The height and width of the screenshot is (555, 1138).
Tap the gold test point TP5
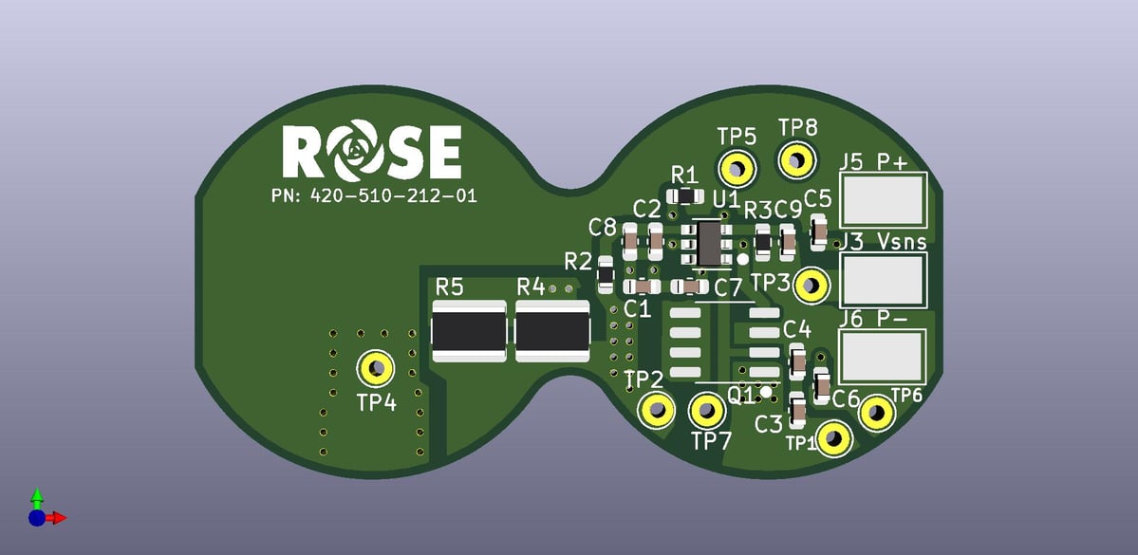tap(737, 169)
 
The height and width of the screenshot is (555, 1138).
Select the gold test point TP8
tap(797, 160)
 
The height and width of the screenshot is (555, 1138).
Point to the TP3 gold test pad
tap(811, 285)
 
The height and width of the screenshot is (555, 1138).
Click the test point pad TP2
tap(656, 411)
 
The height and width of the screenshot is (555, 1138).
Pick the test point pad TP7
tap(706, 412)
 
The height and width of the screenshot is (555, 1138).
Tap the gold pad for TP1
tap(833, 438)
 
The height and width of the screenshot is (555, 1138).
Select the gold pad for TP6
tap(877, 413)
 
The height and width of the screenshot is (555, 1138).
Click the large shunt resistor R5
tap(469, 331)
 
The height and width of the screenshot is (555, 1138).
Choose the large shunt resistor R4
tap(552, 331)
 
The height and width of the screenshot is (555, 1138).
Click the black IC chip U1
tap(709, 244)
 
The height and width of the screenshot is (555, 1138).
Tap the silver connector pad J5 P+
tap(884, 198)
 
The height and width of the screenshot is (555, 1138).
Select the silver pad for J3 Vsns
tap(884, 278)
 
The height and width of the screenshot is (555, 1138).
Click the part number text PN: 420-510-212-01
tap(373, 196)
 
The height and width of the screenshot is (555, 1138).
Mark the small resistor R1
tap(683, 196)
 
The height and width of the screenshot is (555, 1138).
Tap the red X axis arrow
tap(57, 518)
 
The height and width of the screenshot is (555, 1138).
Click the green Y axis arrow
tap(37, 497)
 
